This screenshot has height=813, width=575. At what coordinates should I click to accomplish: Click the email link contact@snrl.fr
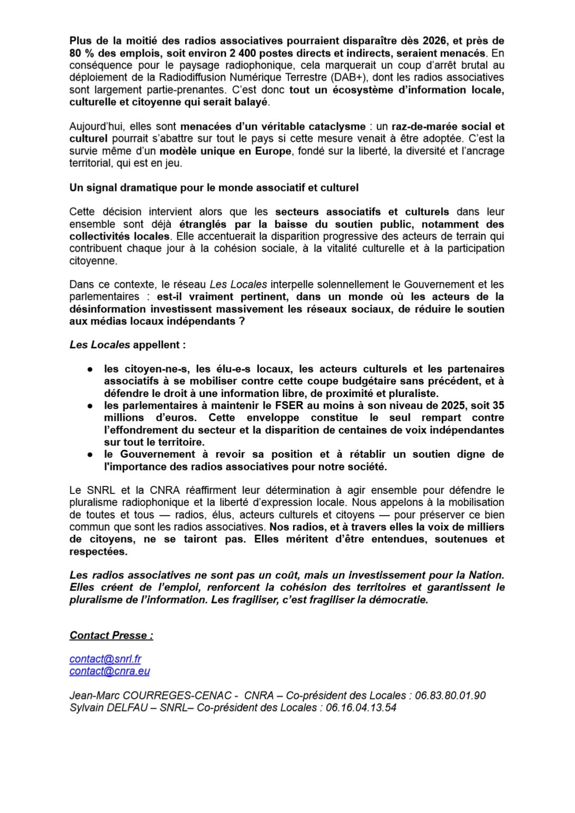click(105, 659)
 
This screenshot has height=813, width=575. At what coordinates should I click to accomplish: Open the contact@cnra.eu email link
click(109, 671)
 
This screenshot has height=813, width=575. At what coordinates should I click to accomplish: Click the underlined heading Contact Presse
click(111, 635)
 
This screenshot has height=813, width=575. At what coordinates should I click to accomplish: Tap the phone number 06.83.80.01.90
click(450, 695)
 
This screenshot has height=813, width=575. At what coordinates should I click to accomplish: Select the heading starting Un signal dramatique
click(214, 187)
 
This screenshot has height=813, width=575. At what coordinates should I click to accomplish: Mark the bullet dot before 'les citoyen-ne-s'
click(90, 369)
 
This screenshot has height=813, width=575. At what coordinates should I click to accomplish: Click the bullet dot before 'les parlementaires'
click(90, 405)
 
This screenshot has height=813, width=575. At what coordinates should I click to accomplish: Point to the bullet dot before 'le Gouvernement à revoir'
click(90, 454)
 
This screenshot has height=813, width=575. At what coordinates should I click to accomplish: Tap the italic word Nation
click(486, 575)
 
